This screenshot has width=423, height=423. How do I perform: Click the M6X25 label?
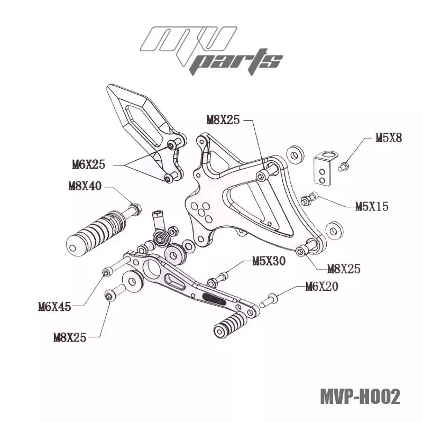88,164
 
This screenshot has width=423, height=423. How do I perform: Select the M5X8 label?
389,138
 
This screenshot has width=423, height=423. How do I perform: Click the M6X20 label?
321,287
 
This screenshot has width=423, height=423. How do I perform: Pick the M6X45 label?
54,306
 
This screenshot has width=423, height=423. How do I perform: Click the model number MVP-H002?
360,397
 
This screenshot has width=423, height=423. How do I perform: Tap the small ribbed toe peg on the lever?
230,324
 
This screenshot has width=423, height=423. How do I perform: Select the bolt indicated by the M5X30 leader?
218,279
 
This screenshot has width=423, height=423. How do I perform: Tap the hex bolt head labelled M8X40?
135,209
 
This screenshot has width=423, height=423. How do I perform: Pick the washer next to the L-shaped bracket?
295,154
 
